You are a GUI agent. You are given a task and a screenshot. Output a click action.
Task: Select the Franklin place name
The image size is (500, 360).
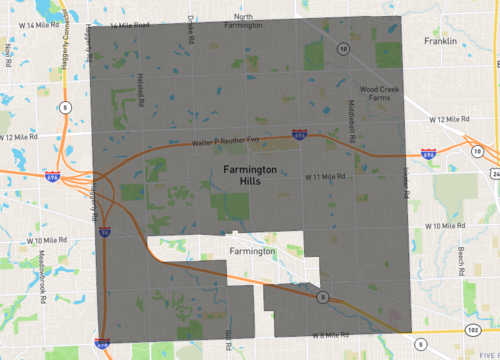439,42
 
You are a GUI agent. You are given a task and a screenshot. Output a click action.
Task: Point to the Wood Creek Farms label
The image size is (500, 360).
379,93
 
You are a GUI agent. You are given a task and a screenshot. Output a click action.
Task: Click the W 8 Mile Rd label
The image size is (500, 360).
331,334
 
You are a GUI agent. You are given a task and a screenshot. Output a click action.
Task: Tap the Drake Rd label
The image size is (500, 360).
189,31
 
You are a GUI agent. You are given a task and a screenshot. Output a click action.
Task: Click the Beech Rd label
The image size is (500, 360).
461,259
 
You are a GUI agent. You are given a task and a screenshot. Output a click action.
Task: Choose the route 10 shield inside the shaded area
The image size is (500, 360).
342,48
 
